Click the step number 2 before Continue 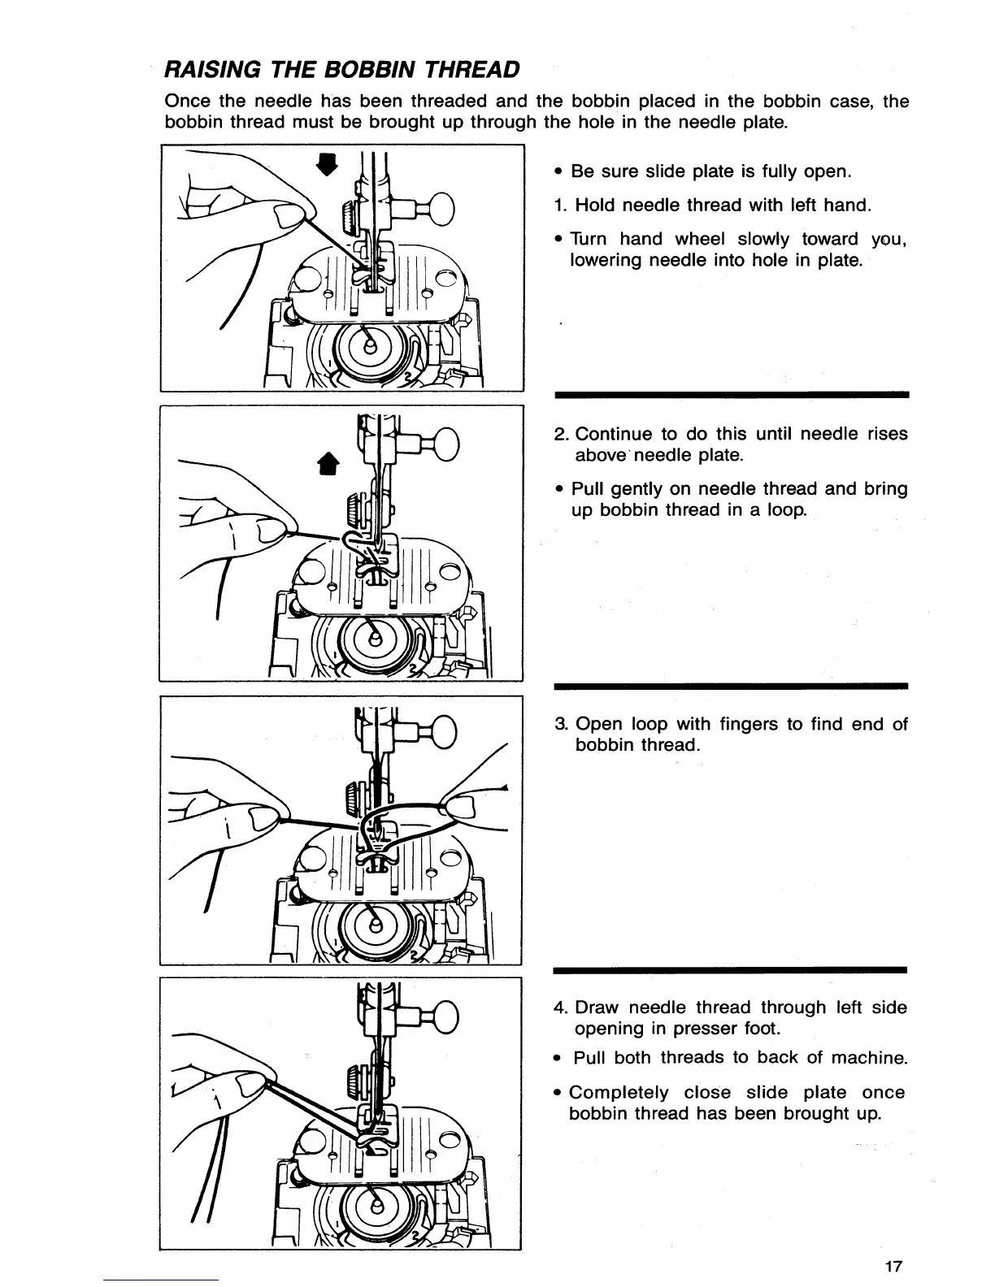[560, 434]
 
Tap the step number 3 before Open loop [560, 724]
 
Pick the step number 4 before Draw [560, 1007]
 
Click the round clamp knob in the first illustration [441, 206]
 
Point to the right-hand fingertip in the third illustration [461, 809]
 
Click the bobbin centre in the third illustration [374, 925]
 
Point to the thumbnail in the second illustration [271, 532]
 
